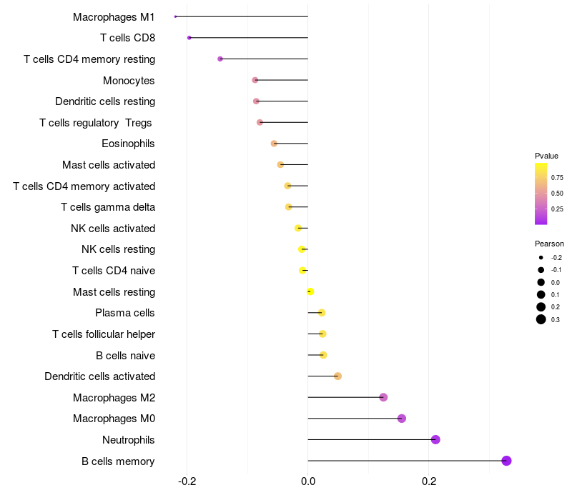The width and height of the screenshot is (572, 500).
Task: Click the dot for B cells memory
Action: point(506,461)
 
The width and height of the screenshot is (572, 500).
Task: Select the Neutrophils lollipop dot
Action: point(435,439)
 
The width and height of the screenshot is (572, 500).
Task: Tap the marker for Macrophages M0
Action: point(401,419)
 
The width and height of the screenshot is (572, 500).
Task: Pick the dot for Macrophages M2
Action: point(383,397)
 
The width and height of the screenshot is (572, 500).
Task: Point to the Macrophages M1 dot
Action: point(175,16)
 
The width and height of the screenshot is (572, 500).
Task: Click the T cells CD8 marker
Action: point(189,38)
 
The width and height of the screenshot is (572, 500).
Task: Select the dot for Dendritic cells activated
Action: point(338,376)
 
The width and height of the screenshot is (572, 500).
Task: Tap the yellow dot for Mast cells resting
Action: point(310,291)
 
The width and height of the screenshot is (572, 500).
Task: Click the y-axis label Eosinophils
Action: point(128,144)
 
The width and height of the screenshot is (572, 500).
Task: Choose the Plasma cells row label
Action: point(124,313)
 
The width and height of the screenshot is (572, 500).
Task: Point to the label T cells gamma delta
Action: point(108,207)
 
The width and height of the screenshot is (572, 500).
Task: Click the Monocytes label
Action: point(129,80)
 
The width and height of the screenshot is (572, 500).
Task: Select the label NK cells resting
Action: point(118,249)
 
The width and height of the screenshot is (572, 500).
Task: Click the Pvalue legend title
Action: point(546,156)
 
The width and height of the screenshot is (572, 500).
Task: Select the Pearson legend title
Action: point(549,244)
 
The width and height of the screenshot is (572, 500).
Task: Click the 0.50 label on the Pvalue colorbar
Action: point(557,193)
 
